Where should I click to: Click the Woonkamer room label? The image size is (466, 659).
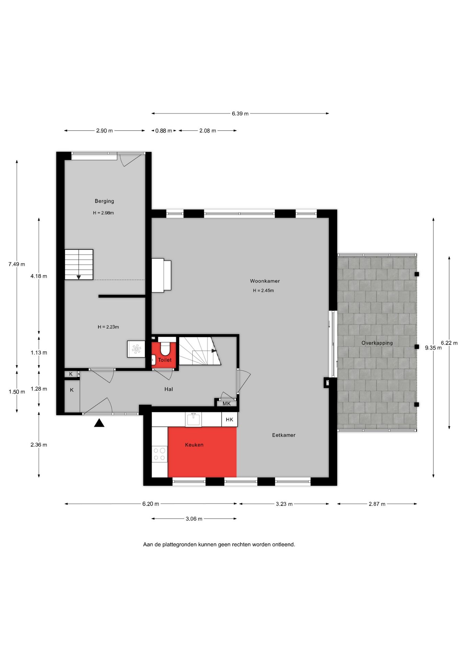(x=265, y=281)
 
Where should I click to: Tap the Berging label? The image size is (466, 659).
(x=104, y=201)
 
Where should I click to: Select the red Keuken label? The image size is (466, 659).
(x=194, y=445)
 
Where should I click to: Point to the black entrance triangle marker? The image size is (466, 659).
(x=99, y=423)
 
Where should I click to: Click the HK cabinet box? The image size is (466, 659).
(x=229, y=419)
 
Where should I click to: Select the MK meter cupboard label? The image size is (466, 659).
(x=226, y=404)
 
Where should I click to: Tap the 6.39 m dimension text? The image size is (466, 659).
(x=240, y=114)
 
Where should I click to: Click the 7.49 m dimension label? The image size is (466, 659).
(x=17, y=264)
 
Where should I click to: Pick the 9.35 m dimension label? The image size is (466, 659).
(x=433, y=348)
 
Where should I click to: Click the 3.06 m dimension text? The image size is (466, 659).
(x=194, y=519)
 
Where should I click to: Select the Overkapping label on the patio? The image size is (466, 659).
(x=377, y=343)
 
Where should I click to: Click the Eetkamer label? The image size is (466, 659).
(x=283, y=435)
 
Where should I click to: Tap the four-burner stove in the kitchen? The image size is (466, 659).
(x=159, y=454)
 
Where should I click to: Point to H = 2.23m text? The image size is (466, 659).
(x=108, y=327)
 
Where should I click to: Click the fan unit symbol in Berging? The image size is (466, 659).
(x=136, y=349)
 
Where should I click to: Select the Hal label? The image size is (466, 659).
(x=168, y=389)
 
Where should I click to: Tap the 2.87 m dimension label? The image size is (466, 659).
(x=377, y=504)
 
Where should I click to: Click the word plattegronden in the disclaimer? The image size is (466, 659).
(x=179, y=544)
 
